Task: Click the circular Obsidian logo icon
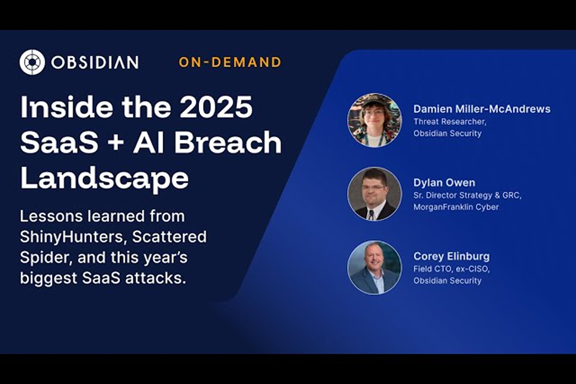coord(32,62)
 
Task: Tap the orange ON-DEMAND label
coord(230,62)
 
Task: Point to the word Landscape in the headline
coord(104,179)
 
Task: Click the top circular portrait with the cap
coord(374,120)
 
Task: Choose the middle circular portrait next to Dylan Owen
coord(374,193)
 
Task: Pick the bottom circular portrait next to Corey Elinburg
coord(374,267)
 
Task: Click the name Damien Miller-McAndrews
coord(481,109)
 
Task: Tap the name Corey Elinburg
coord(451,256)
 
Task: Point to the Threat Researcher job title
coord(447,121)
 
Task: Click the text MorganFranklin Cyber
coord(456,207)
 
